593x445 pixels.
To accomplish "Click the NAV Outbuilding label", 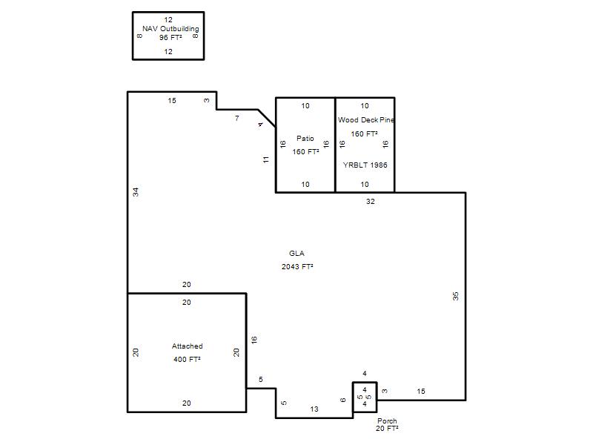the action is pos(170,29).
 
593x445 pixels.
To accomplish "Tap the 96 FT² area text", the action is pos(170,38).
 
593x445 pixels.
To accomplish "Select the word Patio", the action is pos(305,139).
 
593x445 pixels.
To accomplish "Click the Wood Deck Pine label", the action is pos(365,120).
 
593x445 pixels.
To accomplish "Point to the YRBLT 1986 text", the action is pos(365,165).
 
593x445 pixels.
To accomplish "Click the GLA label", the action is pos(297,254).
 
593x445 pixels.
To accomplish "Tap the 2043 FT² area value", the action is pos(297,267).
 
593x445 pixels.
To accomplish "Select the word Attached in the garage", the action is pos(188,346).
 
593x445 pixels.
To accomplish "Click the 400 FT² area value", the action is pos(187,360).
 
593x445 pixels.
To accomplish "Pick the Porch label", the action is pos(387,421).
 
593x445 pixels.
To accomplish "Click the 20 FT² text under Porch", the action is pos(387,429).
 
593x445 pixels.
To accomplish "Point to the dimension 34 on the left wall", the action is pos(136,192).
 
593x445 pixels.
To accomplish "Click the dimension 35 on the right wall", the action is pos(456,296).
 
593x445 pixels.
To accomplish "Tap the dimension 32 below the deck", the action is pos(370,202).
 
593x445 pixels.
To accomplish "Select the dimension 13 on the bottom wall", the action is pos(314,409).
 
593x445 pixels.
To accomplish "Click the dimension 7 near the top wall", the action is pos(236,119).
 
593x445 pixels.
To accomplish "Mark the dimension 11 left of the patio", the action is pos(266,159).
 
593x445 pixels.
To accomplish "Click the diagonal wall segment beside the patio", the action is pos(267,119).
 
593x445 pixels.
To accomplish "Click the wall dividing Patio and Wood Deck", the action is pos(335,145).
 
